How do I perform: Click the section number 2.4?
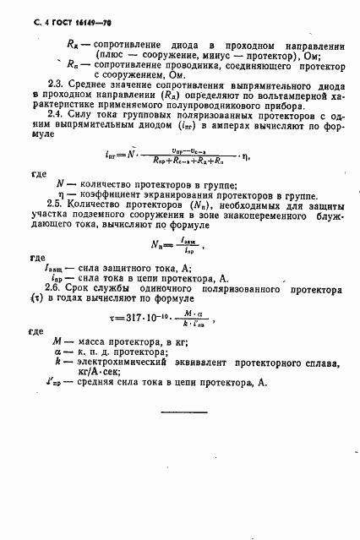[x=53, y=113]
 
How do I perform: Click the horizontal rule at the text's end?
[x=183, y=412]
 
